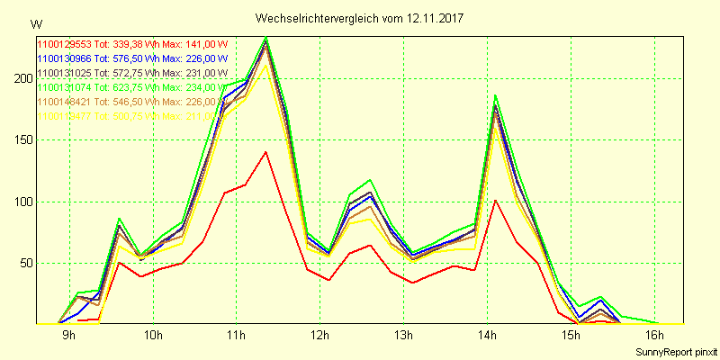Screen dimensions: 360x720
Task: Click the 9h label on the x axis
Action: (x=69, y=337)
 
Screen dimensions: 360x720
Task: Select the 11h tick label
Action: (x=236, y=337)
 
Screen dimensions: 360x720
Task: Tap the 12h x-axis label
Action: (x=319, y=337)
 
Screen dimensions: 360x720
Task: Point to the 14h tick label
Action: (x=486, y=337)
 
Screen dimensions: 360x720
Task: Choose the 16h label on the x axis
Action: (x=653, y=337)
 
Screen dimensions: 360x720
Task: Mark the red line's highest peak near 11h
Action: (x=265, y=152)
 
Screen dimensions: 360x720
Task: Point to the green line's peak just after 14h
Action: (x=495, y=95)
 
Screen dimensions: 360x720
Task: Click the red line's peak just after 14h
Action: (x=496, y=200)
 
